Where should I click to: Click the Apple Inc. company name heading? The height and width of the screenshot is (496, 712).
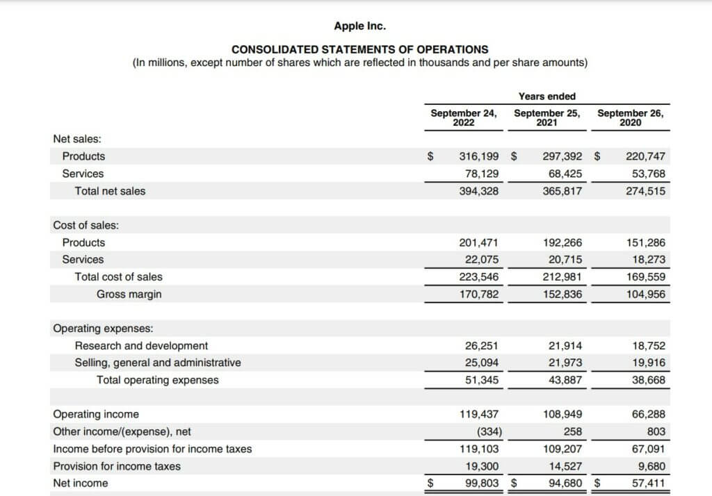359,26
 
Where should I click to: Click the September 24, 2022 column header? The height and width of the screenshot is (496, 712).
464,117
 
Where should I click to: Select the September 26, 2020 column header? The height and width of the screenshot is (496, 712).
631,117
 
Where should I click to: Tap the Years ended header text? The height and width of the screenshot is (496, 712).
547,97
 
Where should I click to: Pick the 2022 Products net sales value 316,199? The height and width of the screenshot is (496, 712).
479,156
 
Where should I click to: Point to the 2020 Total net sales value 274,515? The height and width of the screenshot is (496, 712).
646,191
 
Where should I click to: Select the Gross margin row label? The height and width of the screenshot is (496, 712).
129,294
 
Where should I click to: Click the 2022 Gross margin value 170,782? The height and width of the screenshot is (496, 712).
479,294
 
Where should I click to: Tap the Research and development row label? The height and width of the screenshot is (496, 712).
141,345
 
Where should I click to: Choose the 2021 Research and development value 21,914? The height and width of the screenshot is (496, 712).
565,345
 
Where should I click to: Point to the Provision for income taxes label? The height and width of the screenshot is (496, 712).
117,466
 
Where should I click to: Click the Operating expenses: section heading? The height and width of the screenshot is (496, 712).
103,329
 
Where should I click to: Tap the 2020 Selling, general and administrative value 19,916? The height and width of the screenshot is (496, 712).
648,363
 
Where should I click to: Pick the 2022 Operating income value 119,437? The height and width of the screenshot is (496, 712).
479,414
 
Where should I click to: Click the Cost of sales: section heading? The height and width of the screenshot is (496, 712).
86,225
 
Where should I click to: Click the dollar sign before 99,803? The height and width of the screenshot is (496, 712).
430,483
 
